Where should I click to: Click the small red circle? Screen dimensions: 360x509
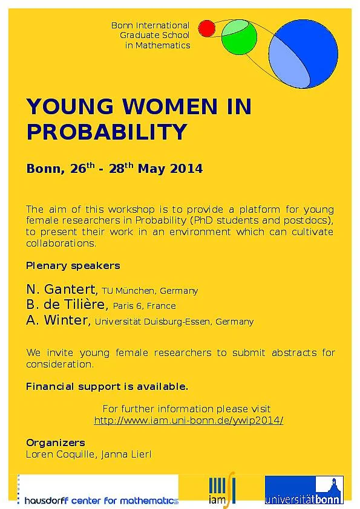[x=207, y=28]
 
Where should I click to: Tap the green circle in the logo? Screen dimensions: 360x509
[x=239, y=36]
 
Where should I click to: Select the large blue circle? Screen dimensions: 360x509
[x=303, y=54]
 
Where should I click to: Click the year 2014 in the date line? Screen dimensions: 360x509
[x=186, y=169]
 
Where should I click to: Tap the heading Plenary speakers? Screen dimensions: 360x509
[x=73, y=265]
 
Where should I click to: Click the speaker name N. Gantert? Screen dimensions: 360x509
[x=62, y=289]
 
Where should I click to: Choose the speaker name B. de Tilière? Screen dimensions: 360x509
[x=67, y=304]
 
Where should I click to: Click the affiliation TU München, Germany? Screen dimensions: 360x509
[x=150, y=291]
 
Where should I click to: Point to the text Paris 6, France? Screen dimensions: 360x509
[x=144, y=306]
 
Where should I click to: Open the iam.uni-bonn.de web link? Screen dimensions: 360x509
[x=188, y=420]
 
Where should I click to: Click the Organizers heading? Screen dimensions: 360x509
[x=56, y=443]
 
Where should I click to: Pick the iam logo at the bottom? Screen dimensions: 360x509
[x=222, y=490]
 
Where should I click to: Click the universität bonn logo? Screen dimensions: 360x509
[x=304, y=490]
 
